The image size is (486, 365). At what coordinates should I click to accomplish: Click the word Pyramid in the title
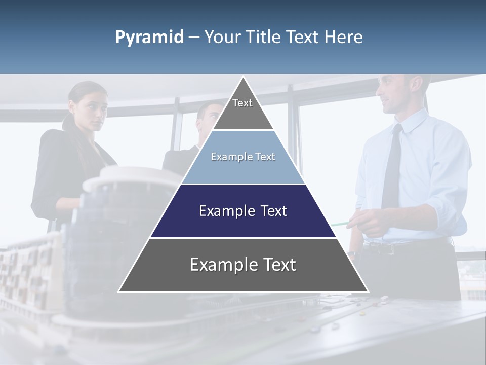pos(149,38)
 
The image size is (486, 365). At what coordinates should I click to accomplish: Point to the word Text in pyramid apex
pos(242,103)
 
